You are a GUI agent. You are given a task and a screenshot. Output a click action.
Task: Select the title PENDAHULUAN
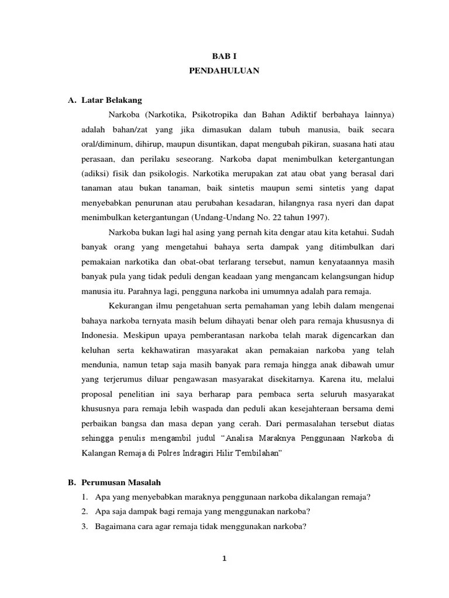pos(224,71)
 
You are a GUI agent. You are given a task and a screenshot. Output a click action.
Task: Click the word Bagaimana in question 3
pos(115,525)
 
